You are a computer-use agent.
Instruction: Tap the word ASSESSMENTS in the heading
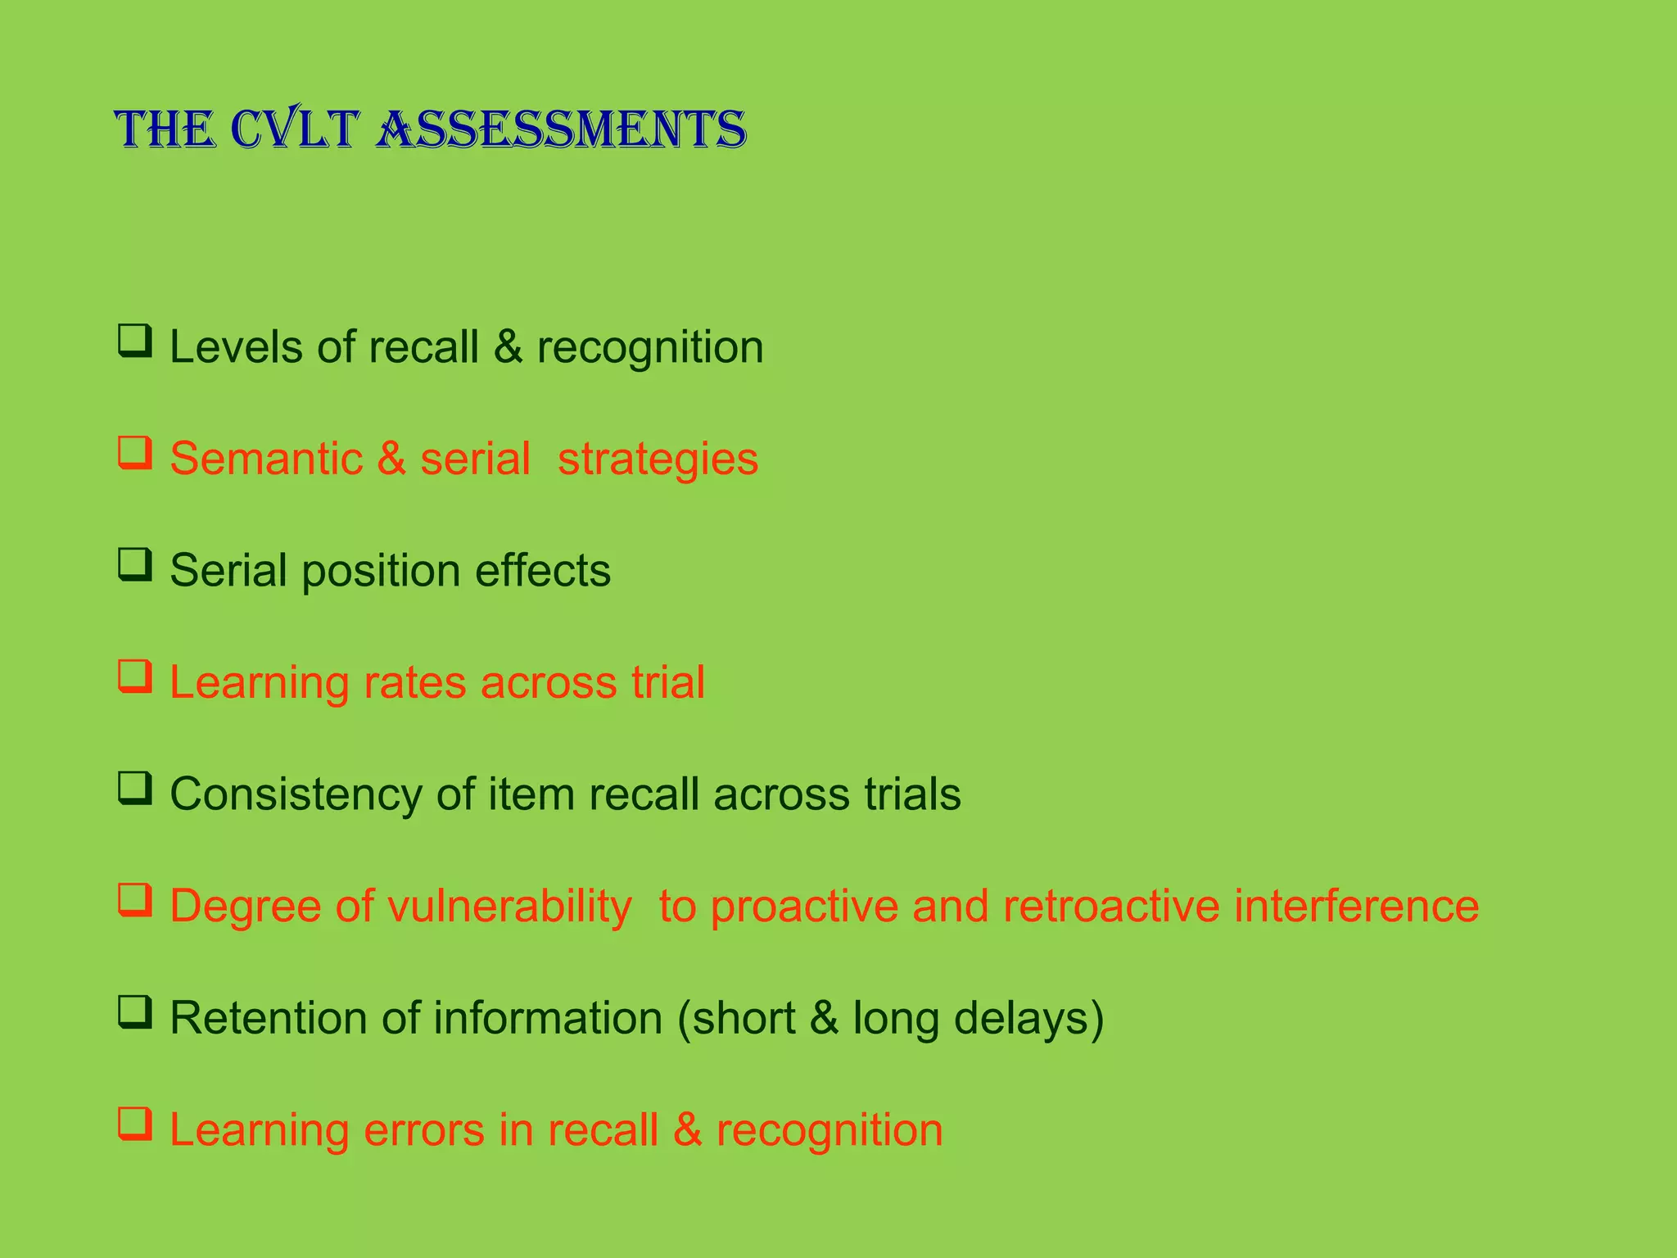pos(561,129)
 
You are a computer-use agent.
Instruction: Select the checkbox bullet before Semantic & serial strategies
pos(135,453)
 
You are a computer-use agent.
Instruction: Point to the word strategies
pos(658,459)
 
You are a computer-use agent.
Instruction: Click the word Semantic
pos(266,459)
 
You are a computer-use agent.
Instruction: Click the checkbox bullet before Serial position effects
pos(135,564)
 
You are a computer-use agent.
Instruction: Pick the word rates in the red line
pos(414,682)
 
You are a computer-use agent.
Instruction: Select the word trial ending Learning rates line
pos(667,682)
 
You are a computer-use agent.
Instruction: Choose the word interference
pos(1356,907)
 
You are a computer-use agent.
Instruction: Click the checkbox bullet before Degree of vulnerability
pos(135,900)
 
